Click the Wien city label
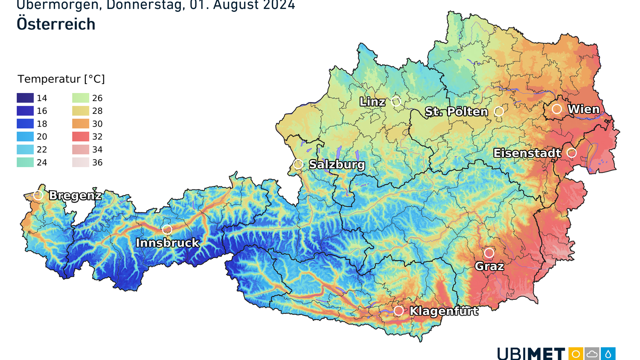pos(583,109)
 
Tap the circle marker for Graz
pos(489,253)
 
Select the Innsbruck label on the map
pos(167,243)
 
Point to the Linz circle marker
pos(396,102)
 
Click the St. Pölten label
pos(456,112)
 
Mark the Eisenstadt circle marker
pos(572,153)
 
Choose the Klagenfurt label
pos(444,311)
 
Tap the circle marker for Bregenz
pos(38,195)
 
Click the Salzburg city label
pos(337,164)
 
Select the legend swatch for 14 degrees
pos(25,98)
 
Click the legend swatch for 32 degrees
pos(81,136)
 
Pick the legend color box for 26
pos(81,98)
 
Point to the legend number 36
pos(97,163)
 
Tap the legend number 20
pos(42,136)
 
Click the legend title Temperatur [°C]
pos(61,79)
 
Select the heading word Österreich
pos(56,24)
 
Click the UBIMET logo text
pos(531,354)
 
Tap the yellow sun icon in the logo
pos(576,354)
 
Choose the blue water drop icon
pos(608,354)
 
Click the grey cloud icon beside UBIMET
pos(592,354)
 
